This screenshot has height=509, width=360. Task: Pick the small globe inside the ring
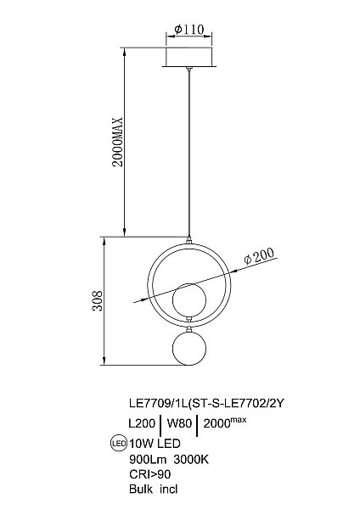click(x=189, y=299)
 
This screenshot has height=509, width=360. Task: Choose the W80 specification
click(x=178, y=422)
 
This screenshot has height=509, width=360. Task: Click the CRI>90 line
click(x=143, y=471)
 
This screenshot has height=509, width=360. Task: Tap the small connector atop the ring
click(x=189, y=241)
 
